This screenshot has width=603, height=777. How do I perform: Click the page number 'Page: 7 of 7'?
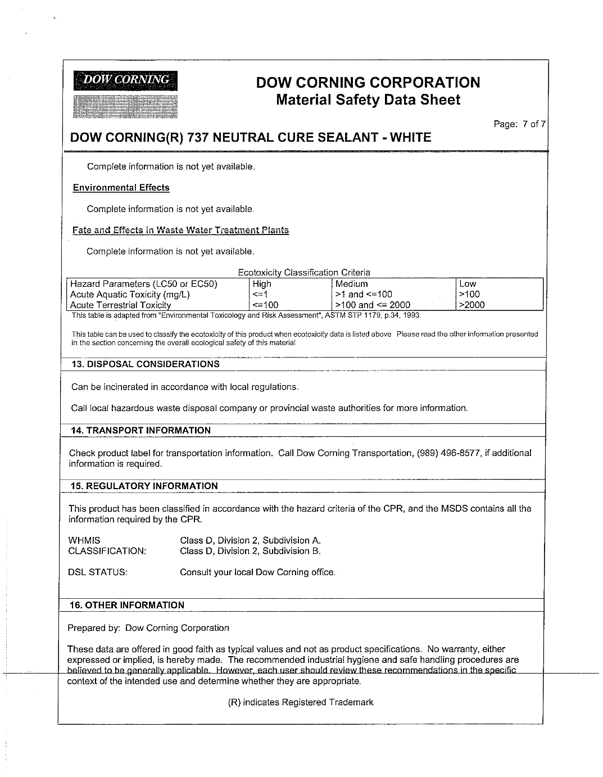coord(519,124)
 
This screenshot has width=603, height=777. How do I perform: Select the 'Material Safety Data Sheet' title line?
coord(368,100)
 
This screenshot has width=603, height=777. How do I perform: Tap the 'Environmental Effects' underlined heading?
coord(121,188)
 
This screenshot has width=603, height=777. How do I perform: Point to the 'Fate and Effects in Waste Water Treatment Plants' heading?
coord(180,230)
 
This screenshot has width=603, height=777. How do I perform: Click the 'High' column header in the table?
coord(262,284)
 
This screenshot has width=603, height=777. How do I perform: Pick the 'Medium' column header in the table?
coord(352,284)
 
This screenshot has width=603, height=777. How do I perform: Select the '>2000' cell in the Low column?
coord(471,305)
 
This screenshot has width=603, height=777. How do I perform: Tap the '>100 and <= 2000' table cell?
coord(373,305)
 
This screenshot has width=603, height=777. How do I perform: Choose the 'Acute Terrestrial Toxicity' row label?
coord(120,305)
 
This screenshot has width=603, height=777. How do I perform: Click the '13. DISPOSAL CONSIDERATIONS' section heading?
coord(145,364)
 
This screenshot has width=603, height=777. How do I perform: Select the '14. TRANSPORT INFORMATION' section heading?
coord(140,430)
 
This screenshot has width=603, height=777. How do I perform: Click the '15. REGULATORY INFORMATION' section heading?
coord(144,486)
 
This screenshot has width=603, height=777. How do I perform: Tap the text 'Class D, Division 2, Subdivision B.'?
coord(250,551)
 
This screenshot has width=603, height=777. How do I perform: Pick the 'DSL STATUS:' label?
coord(98,572)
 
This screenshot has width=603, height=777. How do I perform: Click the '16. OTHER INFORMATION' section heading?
coord(127,605)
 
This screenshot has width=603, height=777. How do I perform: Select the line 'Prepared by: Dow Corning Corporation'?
coord(148,627)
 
